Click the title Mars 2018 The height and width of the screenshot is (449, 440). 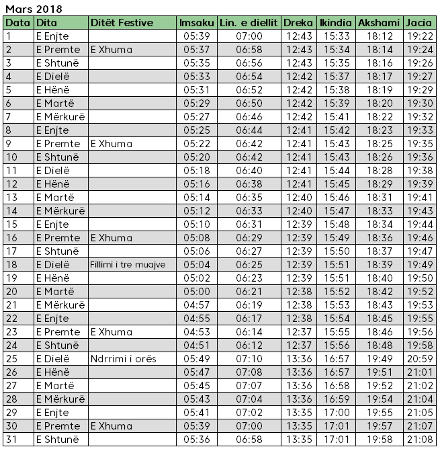pyautogui.click(x=34, y=9)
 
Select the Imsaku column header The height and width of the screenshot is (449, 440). pyautogui.click(x=196, y=23)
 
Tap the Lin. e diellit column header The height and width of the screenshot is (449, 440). pyautogui.click(x=249, y=23)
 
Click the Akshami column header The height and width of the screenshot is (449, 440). pyautogui.click(x=379, y=23)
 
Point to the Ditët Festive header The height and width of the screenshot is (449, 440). pyautogui.click(x=122, y=23)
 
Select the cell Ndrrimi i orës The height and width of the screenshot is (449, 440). pyautogui.click(x=123, y=359)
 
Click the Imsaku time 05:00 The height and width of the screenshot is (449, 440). pyautogui.click(x=196, y=292)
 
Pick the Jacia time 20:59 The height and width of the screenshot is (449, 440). pyautogui.click(x=420, y=359)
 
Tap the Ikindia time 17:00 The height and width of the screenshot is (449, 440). pyautogui.click(x=336, y=413)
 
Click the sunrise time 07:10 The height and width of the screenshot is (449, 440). pyautogui.click(x=249, y=359)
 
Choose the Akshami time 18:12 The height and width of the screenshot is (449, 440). pyautogui.click(x=380, y=36)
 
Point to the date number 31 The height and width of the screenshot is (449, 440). pyautogui.click(x=10, y=440)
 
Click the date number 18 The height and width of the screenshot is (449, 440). pyautogui.click(x=10, y=265)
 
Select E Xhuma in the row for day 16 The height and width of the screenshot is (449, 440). pyautogui.click(x=111, y=238)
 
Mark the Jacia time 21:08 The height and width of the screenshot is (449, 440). pyautogui.click(x=420, y=440)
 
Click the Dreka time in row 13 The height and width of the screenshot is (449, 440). pyautogui.click(x=298, y=198)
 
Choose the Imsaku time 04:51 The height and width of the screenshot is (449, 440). pyautogui.click(x=196, y=345)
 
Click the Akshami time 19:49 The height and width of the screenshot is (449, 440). pyautogui.click(x=380, y=359)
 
